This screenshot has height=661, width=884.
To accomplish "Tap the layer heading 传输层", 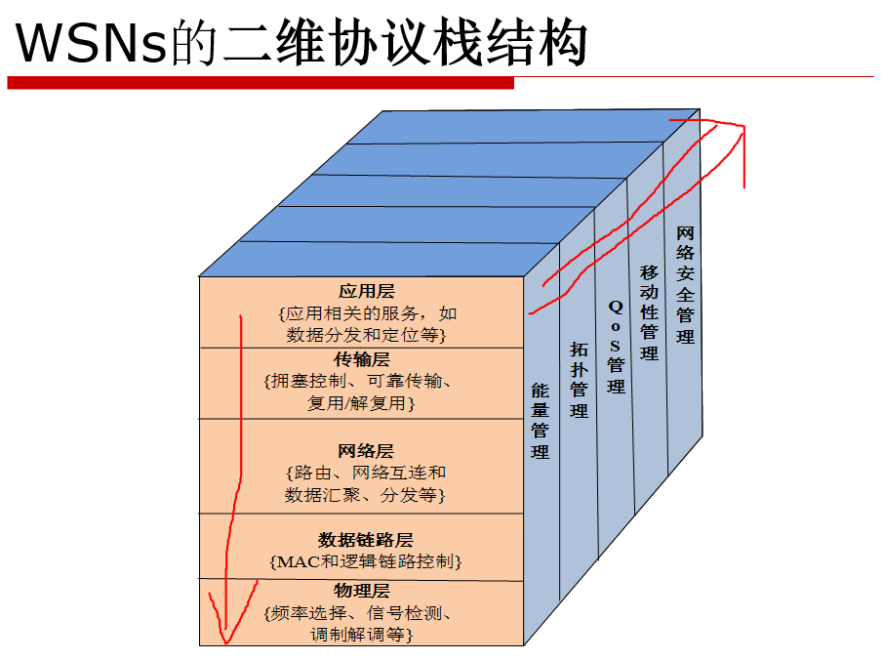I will click(x=362, y=359).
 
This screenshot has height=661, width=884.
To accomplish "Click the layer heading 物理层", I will click(x=362, y=591).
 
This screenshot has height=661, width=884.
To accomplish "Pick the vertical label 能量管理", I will click(x=540, y=420).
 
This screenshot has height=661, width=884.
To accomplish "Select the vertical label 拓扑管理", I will click(x=580, y=379).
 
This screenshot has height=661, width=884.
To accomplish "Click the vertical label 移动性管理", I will click(x=649, y=311).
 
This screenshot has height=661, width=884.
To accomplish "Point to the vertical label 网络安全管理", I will click(x=685, y=285).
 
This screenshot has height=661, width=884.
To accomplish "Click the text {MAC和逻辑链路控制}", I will click(x=364, y=561).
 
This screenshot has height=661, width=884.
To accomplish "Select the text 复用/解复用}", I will click(x=362, y=402).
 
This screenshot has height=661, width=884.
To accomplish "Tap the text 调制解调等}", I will click(x=362, y=635).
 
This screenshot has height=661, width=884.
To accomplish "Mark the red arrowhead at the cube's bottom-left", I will click(x=225, y=631).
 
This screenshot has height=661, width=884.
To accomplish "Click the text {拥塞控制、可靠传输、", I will click(x=362, y=381).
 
